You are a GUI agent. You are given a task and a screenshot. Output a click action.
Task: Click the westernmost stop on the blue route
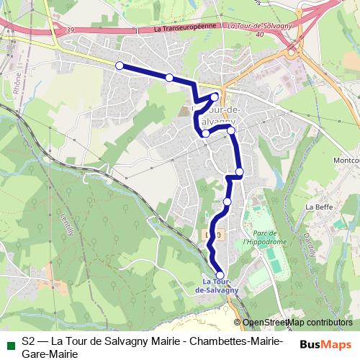(120, 66)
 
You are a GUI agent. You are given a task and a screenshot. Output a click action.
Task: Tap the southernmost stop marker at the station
(220, 274)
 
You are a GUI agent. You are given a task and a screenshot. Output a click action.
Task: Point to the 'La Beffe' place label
(317, 207)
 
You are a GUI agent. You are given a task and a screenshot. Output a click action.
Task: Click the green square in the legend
(9, 344)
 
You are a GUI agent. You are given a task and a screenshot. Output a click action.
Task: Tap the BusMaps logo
(326, 344)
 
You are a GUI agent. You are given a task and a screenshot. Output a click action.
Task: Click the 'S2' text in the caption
(29, 341)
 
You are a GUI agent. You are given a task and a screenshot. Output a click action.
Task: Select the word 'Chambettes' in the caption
(215, 341)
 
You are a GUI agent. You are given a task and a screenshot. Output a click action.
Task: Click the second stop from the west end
(169, 78)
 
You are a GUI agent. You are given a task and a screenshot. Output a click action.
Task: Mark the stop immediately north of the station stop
(228, 202)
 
